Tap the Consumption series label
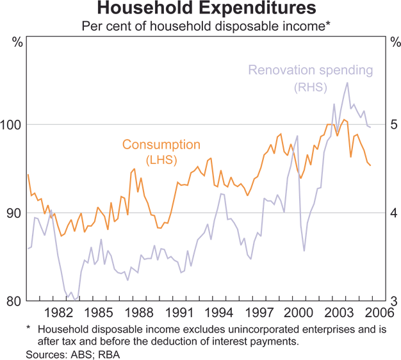coord(161,145)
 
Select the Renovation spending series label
coord(310,69)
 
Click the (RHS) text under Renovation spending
coord(311,85)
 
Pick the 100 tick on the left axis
coord(13,124)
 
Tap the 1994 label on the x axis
coord(219,314)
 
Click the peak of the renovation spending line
coord(347,83)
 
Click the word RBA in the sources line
coord(110,354)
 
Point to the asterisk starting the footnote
coord(29,328)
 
